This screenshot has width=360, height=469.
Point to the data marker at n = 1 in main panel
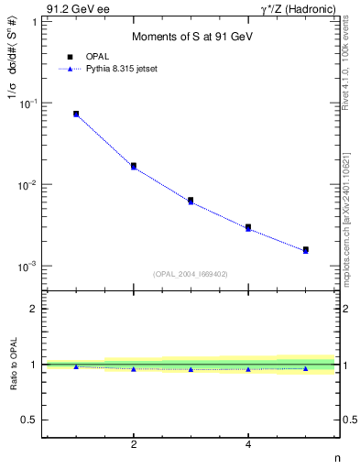(76, 114)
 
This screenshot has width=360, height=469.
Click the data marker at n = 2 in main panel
(134, 166)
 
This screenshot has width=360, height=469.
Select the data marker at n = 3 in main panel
(191, 200)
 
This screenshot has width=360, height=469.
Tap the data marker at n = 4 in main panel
(248, 226)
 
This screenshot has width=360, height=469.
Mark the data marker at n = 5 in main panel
(306, 249)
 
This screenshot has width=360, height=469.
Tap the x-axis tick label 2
(134, 444)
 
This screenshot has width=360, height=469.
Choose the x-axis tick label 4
(248, 444)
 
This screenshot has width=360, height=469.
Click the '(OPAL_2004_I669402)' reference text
(190, 273)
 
